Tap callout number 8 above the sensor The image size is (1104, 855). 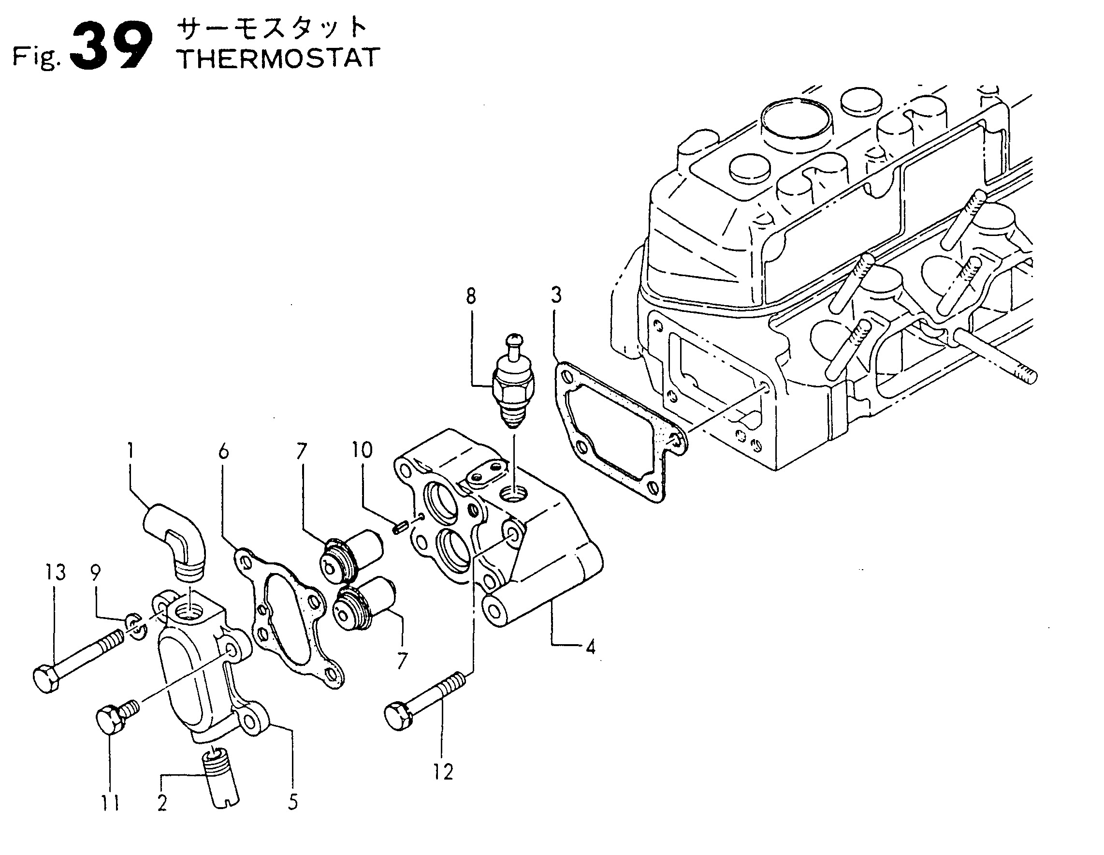point(471,296)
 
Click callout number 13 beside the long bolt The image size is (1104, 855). point(56,573)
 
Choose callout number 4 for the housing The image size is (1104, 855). point(590,647)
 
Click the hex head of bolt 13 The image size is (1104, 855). point(47,679)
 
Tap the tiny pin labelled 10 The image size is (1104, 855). point(398,528)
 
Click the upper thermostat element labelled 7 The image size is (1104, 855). point(351,555)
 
